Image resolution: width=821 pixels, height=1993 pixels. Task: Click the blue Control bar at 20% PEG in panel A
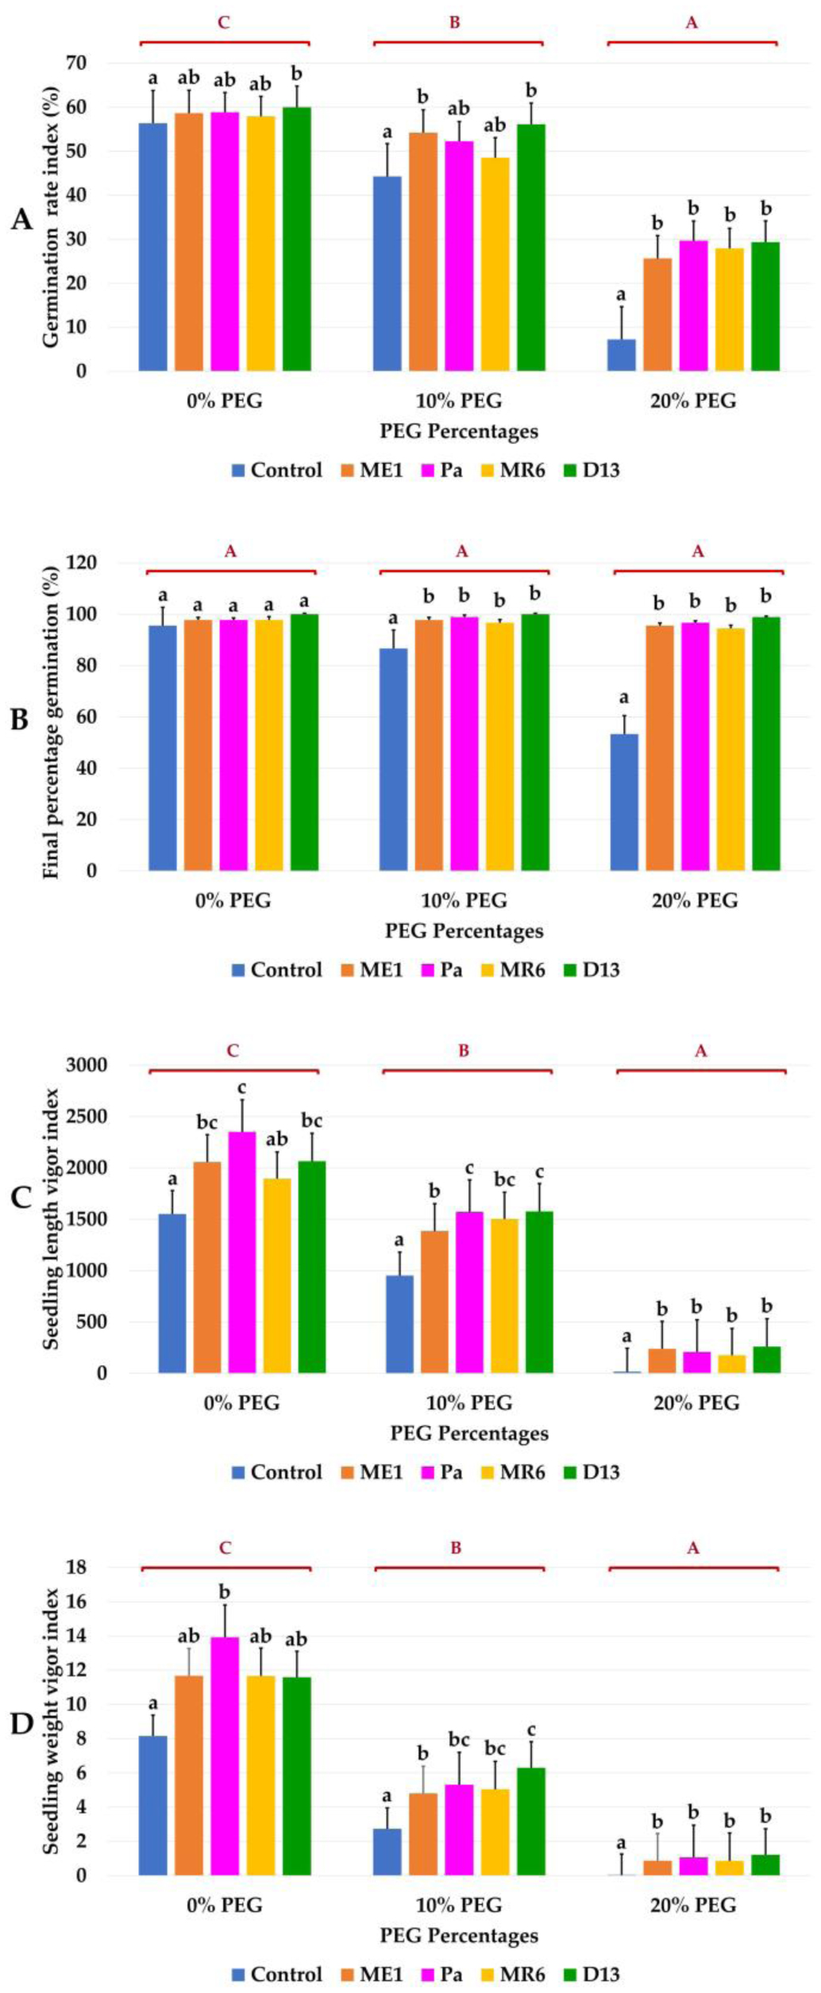pyautogui.click(x=621, y=355)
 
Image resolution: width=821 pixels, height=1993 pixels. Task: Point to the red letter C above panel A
pyautogui.click(x=224, y=22)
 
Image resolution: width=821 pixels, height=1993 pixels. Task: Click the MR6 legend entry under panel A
pyautogui.click(x=513, y=470)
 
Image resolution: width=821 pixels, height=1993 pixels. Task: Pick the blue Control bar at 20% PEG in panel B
pyautogui.click(x=624, y=802)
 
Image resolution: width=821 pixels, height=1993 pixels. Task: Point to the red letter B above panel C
pyautogui.click(x=464, y=1051)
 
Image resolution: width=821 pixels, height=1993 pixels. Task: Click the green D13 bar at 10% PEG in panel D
pyautogui.click(x=530, y=1822)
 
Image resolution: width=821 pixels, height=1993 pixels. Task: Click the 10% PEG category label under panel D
pyautogui.click(x=459, y=1905)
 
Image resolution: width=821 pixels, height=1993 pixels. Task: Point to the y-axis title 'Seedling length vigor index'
pyautogui.click(x=52, y=1218)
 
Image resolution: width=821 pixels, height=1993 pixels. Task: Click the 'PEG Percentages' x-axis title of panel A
pyautogui.click(x=459, y=432)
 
